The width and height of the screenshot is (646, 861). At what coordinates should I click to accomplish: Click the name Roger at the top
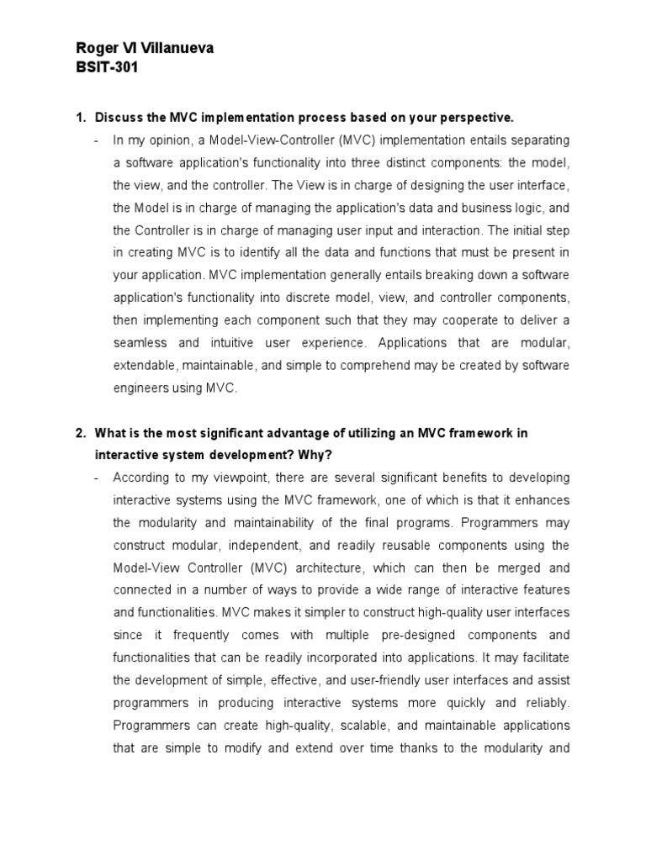coord(95,49)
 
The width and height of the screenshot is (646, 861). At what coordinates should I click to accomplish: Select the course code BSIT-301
coord(107,68)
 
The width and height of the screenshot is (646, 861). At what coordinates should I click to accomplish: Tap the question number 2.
coord(81,433)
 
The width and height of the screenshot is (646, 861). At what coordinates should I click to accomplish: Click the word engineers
coord(142,388)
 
